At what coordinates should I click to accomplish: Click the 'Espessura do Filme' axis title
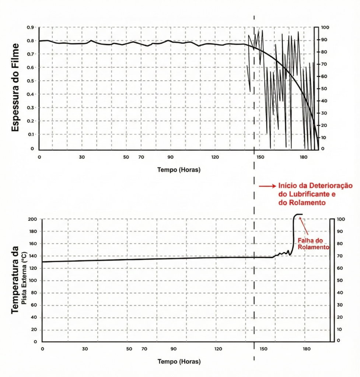click(15, 87)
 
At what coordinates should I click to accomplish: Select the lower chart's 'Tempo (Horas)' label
click(179, 362)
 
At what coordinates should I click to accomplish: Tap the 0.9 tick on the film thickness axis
click(31, 28)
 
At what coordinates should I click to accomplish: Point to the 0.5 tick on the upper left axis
click(31, 81)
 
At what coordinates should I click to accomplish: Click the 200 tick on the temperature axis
click(33, 219)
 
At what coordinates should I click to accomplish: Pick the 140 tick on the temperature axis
click(33, 256)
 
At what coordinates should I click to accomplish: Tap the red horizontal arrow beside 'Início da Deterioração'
click(266, 187)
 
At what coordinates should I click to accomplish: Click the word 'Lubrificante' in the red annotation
click(299, 195)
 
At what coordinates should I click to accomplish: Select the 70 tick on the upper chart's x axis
click(141, 157)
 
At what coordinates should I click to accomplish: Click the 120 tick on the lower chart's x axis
click(218, 349)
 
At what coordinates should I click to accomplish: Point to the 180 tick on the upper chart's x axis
click(303, 157)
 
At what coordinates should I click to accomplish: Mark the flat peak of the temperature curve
click(298, 214)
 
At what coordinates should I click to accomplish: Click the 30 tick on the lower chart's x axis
click(85, 349)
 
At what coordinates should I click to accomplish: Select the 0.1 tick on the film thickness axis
click(31, 135)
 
